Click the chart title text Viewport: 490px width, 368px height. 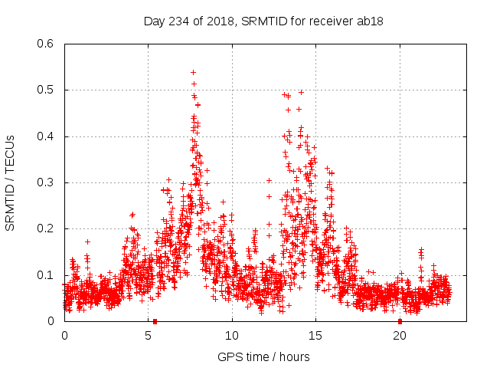(x=263, y=21)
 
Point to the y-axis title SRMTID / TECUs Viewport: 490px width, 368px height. (x=11, y=182)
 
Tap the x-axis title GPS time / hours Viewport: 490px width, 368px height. (x=263, y=356)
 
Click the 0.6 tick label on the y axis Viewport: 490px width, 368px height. (x=46, y=44)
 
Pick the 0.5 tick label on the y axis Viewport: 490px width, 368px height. (x=46, y=90)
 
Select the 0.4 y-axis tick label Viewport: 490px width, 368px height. (x=46, y=136)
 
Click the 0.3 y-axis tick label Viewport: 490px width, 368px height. (x=46, y=182)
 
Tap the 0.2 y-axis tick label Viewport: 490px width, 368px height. (x=46, y=229)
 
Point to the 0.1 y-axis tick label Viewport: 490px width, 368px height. (x=46, y=275)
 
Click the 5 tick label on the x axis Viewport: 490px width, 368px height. (x=148, y=335)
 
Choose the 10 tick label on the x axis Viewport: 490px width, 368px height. (x=231, y=335)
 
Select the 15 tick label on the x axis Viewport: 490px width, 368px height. (x=315, y=335)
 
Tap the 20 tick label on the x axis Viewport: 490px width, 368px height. (x=399, y=335)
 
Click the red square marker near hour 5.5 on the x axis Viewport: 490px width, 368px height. (x=155, y=321)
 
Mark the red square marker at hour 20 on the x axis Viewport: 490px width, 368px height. (x=400, y=321)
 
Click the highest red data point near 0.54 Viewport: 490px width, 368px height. (x=193, y=72)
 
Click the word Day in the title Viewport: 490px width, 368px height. (x=155, y=21)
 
